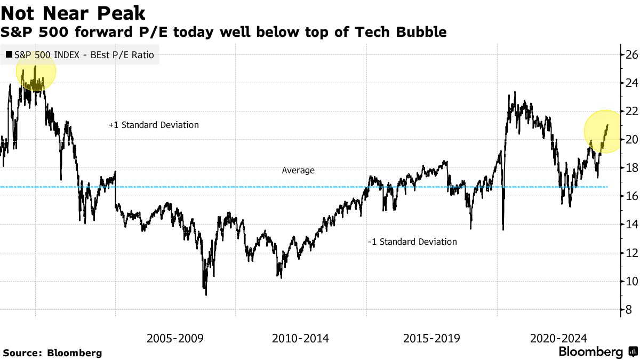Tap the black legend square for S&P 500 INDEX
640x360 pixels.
[9, 54]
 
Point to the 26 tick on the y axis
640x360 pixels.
[631, 54]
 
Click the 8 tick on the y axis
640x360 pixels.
[629, 310]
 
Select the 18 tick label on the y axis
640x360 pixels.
[631, 168]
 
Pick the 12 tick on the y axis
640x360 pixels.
[631, 253]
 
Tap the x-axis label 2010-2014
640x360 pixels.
[300, 338]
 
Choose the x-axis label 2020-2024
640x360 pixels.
[558, 338]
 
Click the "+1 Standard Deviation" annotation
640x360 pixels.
[154, 125]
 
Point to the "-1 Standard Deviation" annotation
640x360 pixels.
[412, 242]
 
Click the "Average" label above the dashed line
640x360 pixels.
[298, 171]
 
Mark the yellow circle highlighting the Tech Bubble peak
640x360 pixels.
[36, 71]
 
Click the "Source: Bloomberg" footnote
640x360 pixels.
[52, 353]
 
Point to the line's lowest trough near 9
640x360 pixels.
[206, 293]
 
